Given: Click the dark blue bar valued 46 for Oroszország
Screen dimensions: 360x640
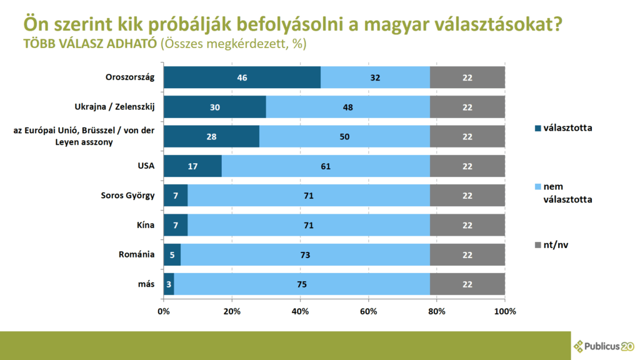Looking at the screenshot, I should click(x=242, y=78).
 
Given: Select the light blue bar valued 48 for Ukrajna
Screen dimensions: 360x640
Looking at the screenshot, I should click(x=348, y=107).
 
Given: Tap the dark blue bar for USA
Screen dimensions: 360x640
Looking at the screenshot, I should click(x=192, y=166).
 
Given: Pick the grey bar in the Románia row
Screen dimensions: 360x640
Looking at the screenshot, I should click(x=467, y=255).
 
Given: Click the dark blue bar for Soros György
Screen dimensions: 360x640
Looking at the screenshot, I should click(x=176, y=196).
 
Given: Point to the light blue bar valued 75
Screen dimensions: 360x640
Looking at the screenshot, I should click(x=302, y=284).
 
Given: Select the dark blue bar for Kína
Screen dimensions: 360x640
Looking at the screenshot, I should click(x=176, y=226).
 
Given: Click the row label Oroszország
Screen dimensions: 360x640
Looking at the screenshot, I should click(x=129, y=78).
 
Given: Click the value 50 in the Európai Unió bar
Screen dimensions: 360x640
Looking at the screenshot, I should click(x=344, y=137).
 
